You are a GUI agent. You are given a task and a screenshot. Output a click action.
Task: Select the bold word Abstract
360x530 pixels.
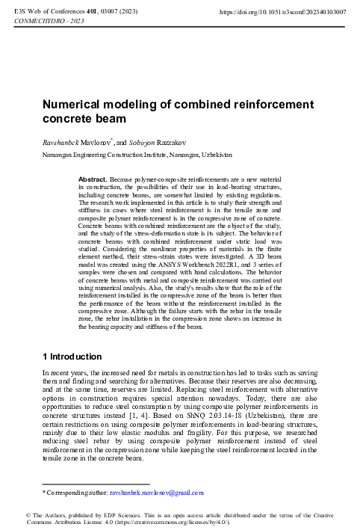[x=93, y=181]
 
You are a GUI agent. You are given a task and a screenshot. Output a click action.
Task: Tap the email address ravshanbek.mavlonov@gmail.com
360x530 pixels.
[x=157, y=493]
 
